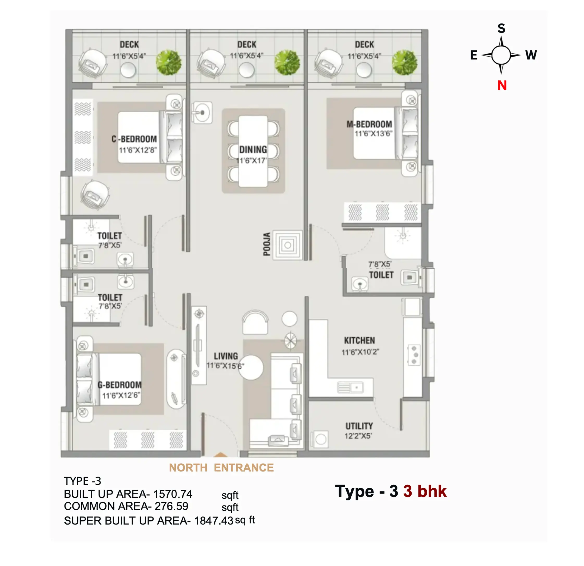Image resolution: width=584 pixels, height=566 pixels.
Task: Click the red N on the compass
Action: [x=502, y=86]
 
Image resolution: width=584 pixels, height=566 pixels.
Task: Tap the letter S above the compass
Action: [x=501, y=28]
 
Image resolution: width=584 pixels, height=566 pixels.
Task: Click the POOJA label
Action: [x=267, y=244]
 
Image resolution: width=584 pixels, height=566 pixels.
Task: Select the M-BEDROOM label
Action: [x=369, y=124]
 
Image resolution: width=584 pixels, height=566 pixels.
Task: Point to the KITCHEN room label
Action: [x=359, y=340]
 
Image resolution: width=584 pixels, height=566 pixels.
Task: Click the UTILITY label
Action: [x=359, y=426]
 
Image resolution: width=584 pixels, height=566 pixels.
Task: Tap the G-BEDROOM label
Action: [x=120, y=385]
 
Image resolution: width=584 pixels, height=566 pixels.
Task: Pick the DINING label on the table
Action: [x=253, y=149]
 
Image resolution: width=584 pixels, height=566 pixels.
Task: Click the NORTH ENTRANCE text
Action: [x=221, y=468]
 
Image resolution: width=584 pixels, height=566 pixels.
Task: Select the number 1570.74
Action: [x=173, y=494]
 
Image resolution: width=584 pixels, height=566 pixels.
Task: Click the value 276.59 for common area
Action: [x=171, y=506]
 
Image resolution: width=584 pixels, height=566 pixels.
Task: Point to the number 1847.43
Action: [x=214, y=521]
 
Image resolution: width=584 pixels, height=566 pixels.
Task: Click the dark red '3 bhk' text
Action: [x=425, y=491]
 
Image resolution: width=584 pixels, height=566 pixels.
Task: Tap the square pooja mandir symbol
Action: [x=288, y=245]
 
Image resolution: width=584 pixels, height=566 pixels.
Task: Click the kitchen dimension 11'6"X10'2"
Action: [x=360, y=352]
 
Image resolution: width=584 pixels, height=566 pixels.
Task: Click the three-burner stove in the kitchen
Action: [x=414, y=355]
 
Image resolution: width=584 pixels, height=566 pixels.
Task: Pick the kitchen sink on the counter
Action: [x=350, y=387]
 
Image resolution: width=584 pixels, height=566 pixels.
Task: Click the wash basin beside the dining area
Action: [x=202, y=113]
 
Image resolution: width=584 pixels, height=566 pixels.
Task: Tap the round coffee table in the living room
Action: [x=251, y=367]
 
